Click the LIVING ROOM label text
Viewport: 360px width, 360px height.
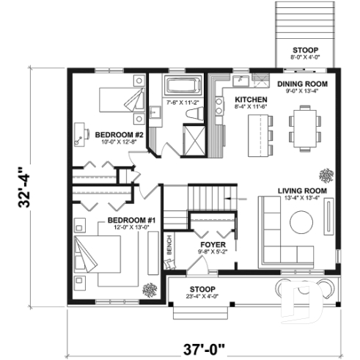302,191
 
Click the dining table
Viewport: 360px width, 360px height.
304,125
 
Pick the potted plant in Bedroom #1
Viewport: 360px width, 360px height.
150,287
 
